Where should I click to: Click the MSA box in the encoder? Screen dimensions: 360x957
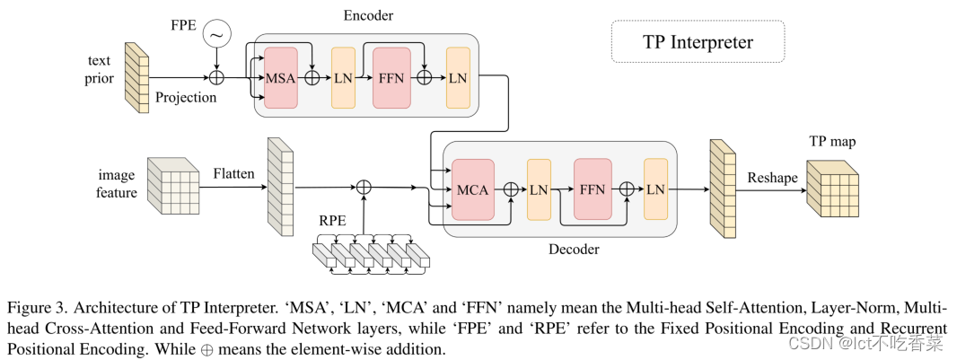[x=280, y=77]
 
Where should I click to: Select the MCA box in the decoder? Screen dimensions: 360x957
[x=473, y=189]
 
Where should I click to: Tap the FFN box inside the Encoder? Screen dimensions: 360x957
[x=391, y=77]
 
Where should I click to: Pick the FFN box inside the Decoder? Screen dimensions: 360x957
[x=593, y=189]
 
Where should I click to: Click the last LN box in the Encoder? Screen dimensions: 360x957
[x=458, y=77]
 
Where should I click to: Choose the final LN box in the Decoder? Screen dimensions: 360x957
[x=655, y=189]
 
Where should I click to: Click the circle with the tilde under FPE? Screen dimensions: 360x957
[x=216, y=35]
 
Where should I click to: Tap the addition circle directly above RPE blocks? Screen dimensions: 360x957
[x=364, y=187]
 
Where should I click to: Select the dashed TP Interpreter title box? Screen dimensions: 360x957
[x=698, y=41]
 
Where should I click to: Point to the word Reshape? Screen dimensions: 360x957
[x=772, y=178]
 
